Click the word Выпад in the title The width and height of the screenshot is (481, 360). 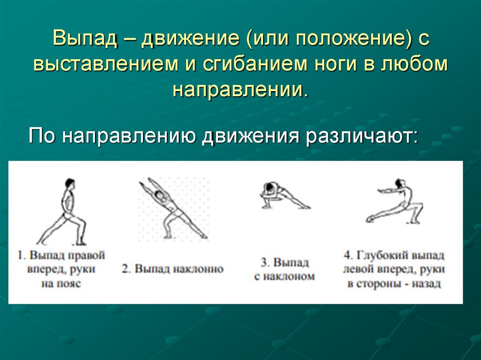coord(81,39)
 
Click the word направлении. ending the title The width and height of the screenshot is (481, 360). coord(240,88)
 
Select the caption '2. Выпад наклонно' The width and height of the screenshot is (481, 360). coord(173,269)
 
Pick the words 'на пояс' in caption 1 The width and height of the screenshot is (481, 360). coord(61,284)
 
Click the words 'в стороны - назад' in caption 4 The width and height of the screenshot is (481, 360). coord(394,284)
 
